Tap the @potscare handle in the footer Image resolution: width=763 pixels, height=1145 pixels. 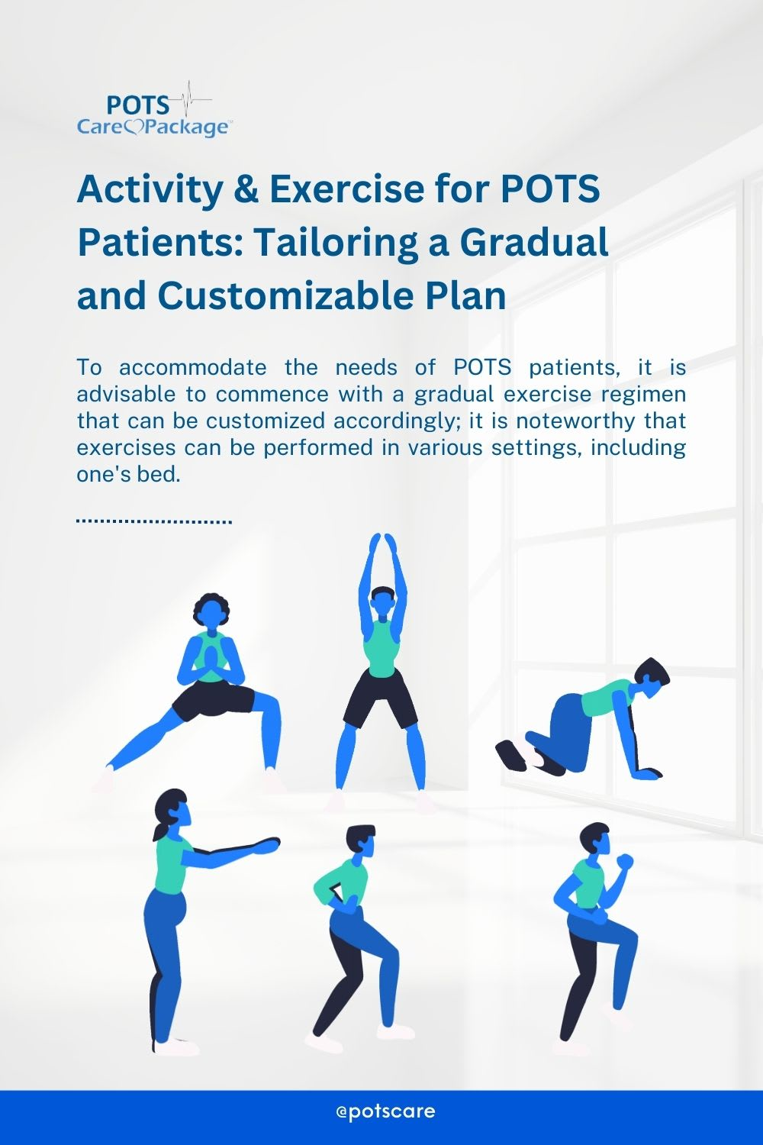386,1111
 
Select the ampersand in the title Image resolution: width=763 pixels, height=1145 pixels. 246,189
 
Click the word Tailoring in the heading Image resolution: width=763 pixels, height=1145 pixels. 340,244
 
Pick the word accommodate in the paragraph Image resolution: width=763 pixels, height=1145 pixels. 193,367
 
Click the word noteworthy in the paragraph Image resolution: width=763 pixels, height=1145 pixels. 576,421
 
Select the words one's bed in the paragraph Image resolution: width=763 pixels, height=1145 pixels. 129,474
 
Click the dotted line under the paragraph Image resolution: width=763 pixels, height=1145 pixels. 154,521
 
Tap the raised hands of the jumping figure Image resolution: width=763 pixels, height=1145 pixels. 383,542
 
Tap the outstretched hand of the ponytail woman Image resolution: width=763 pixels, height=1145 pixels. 267,844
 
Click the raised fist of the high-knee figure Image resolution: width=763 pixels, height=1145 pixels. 624,861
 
